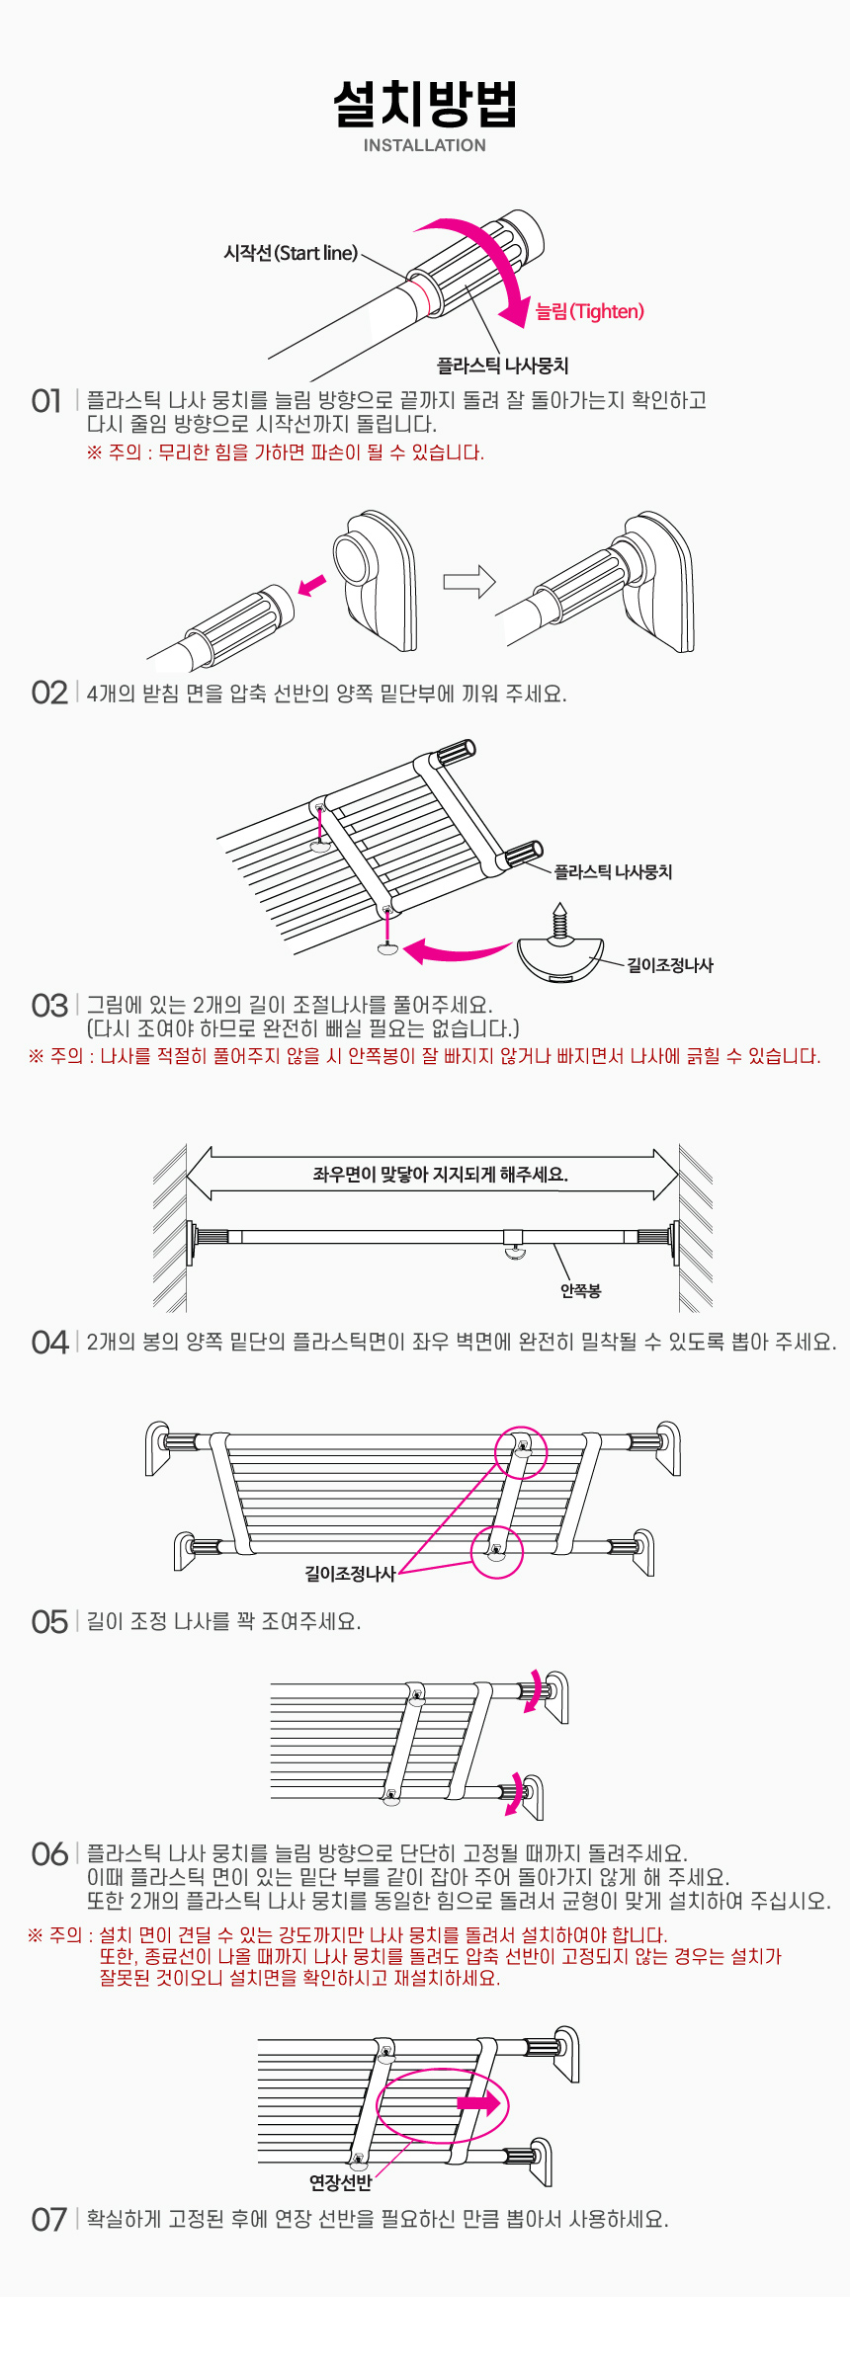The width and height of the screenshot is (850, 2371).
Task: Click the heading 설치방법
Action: tap(425, 104)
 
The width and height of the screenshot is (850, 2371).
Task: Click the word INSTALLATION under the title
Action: tap(425, 145)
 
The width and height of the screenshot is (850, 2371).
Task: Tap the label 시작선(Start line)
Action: tap(291, 253)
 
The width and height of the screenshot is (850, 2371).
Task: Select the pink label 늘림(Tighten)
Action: tap(590, 311)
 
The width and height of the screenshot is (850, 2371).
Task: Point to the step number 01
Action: tap(46, 400)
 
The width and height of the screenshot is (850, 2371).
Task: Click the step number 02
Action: tap(49, 693)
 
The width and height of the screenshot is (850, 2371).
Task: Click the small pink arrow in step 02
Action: tap(312, 586)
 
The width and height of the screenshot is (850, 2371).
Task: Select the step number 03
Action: tap(49, 1006)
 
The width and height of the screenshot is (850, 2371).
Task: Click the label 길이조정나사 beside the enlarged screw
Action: tap(670, 965)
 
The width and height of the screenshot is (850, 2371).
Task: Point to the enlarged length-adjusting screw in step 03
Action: tap(560, 943)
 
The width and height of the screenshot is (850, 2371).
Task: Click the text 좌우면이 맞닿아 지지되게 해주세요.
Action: tap(441, 1175)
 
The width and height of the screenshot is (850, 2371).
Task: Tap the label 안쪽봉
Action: tap(580, 1290)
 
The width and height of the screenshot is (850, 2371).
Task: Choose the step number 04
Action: tap(49, 1343)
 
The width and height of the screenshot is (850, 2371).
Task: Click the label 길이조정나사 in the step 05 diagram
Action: tap(350, 1573)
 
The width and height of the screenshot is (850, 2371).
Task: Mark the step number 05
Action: tap(49, 1622)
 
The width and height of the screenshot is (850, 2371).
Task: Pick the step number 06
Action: tap(49, 1853)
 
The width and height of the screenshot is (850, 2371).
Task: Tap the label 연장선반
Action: tap(341, 2182)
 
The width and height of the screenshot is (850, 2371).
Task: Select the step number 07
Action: tap(49, 2220)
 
